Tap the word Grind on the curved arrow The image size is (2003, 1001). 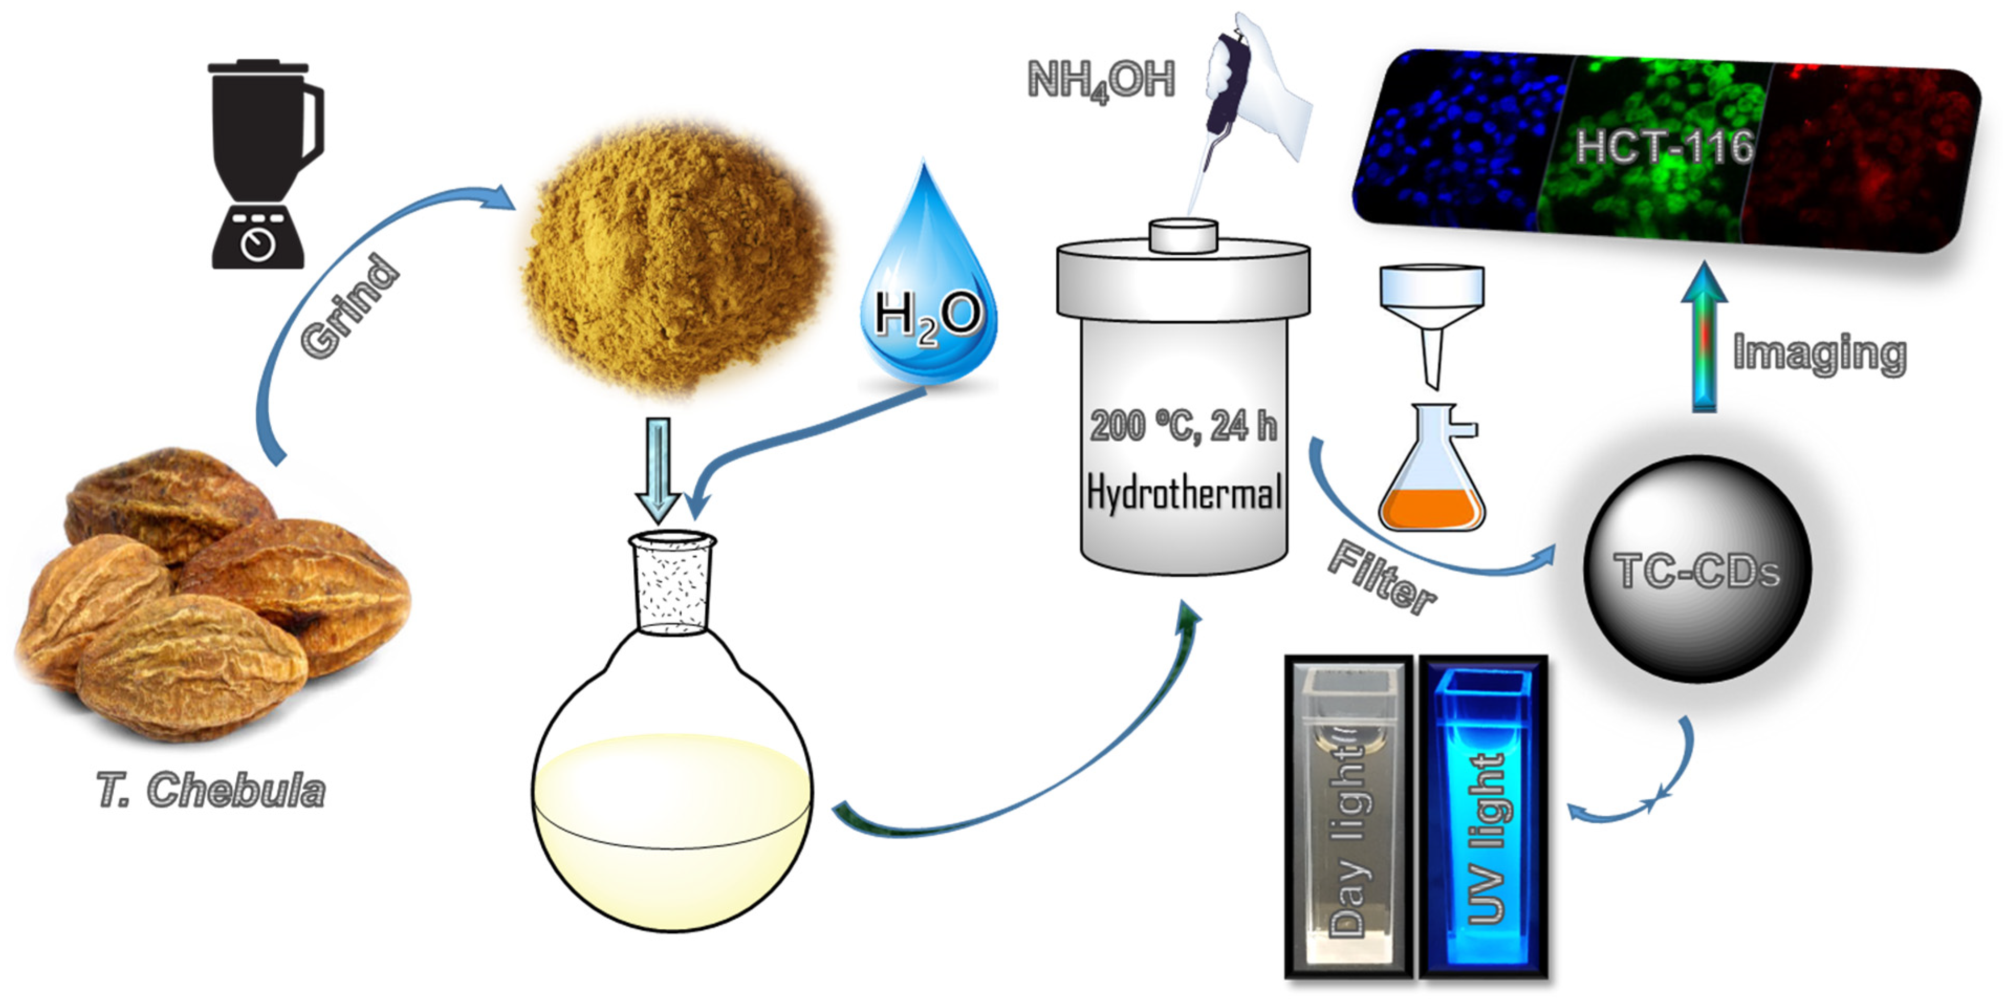click(x=350, y=307)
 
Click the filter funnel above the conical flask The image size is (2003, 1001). click(x=1431, y=311)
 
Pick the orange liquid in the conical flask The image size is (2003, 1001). click(x=1431, y=509)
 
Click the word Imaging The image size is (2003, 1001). click(x=1820, y=354)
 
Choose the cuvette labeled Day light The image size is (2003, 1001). click(x=1348, y=817)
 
